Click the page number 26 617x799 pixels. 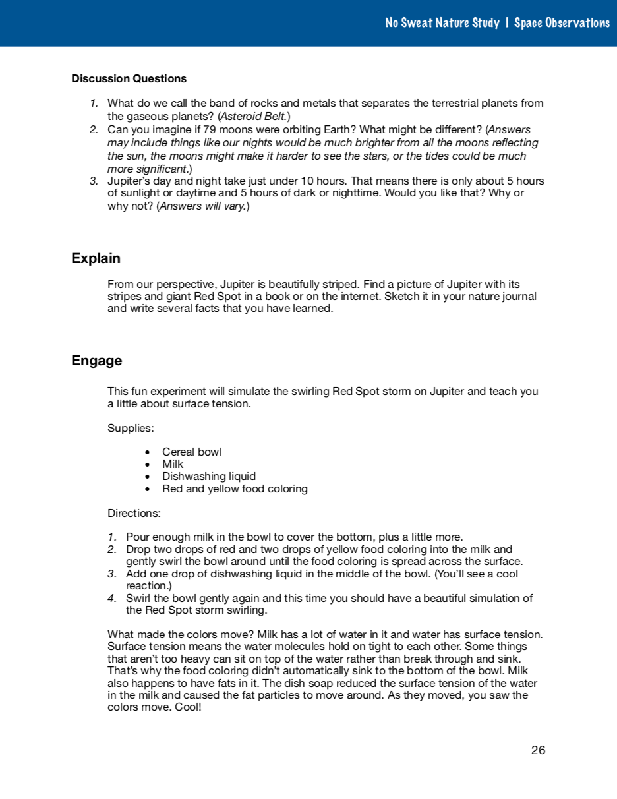coord(538,750)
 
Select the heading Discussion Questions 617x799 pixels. coord(129,78)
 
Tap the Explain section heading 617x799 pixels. coord(96,258)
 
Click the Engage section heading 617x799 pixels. coord(97,361)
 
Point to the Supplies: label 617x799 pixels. coord(131,429)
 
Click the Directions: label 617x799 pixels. coord(134,513)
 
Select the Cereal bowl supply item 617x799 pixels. coord(192,452)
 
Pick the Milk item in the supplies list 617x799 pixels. coord(173,464)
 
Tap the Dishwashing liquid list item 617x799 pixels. coord(209,476)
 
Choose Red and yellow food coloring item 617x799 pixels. coord(235,488)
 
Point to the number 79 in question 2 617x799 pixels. coord(210,129)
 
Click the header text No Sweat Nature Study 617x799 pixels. coord(442,23)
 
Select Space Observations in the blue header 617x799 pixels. coord(562,23)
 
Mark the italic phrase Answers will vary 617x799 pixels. coord(202,206)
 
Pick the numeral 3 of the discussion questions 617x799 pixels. coord(94,181)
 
